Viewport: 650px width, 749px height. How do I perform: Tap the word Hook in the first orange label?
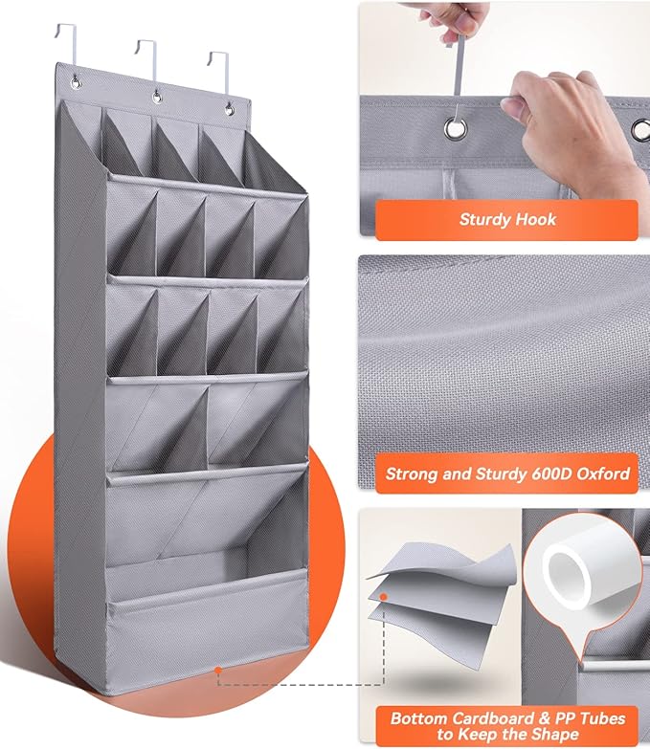coord(538,220)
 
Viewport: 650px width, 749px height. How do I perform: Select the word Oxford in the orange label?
coord(601,473)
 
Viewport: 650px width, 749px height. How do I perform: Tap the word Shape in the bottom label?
coord(552,735)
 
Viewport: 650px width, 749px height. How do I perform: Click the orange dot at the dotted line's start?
coord(218,669)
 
